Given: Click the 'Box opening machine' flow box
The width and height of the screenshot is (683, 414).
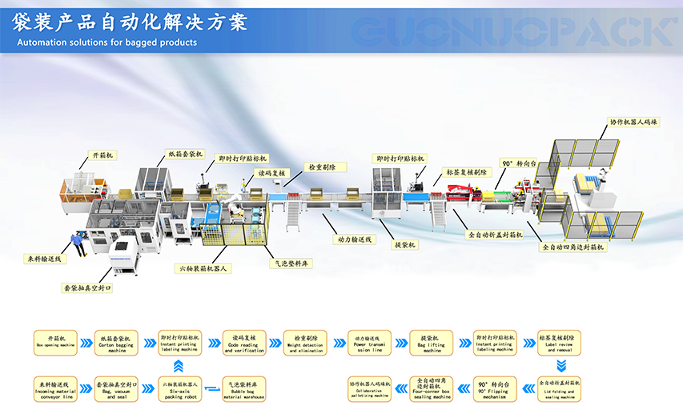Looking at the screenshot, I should [x=55, y=343].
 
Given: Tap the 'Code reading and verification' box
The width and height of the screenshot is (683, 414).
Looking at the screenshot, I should [x=243, y=343].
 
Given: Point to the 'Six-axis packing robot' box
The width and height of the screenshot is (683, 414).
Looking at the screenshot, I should [x=180, y=388].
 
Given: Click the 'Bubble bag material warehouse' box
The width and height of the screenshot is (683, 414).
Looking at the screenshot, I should [x=243, y=388].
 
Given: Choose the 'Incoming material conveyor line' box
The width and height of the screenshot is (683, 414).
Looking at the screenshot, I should [x=55, y=388].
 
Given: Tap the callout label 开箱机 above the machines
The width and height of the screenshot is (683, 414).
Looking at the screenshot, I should [x=100, y=154].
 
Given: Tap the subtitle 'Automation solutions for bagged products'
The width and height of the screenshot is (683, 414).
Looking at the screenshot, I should [x=106, y=42].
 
